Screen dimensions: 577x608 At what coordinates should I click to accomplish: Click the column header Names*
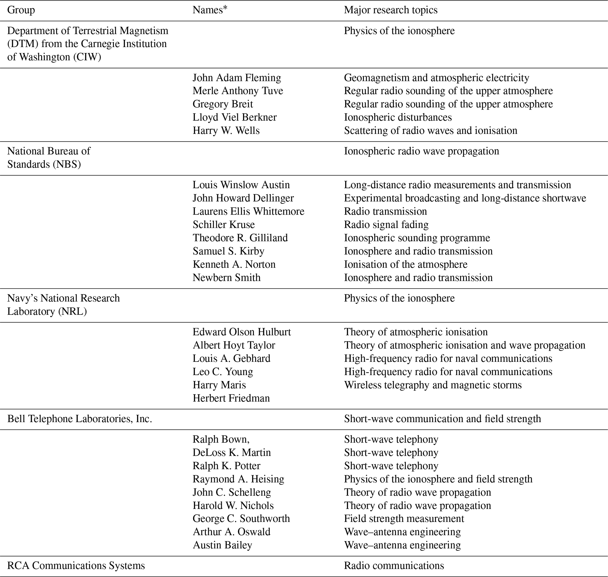point(210,10)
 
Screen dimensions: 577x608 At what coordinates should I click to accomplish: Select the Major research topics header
point(390,10)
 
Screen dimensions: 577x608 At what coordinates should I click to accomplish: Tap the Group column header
point(21,10)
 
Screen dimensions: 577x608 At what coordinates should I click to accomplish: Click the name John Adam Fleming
point(237,78)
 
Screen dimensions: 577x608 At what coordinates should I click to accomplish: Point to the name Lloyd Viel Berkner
point(234,117)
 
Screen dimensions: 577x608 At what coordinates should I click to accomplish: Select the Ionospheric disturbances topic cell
point(398,117)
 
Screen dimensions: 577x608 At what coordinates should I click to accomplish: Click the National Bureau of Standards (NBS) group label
point(49,158)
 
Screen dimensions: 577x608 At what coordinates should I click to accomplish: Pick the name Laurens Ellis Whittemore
point(248,211)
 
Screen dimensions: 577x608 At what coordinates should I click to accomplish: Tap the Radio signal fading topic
point(386,225)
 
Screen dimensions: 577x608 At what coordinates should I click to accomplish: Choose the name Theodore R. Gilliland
point(240,238)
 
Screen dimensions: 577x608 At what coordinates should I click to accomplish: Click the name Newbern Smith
point(226,277)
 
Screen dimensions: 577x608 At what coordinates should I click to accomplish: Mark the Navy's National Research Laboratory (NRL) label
point(63,305)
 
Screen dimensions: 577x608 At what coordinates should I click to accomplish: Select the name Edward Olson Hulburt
point(241,332)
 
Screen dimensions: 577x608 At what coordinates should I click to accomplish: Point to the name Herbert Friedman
point(231,398)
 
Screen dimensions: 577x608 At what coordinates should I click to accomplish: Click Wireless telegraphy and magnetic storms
point(433,385)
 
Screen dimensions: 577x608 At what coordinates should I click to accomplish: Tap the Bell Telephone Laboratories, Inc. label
point(80,419)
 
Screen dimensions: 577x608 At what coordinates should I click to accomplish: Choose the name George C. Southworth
point(241,518)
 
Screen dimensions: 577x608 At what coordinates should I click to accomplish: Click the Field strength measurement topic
point(404,518)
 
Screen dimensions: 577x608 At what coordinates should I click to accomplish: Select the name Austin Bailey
point(222,545)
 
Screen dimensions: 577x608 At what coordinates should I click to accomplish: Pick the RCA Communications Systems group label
point(76,566)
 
